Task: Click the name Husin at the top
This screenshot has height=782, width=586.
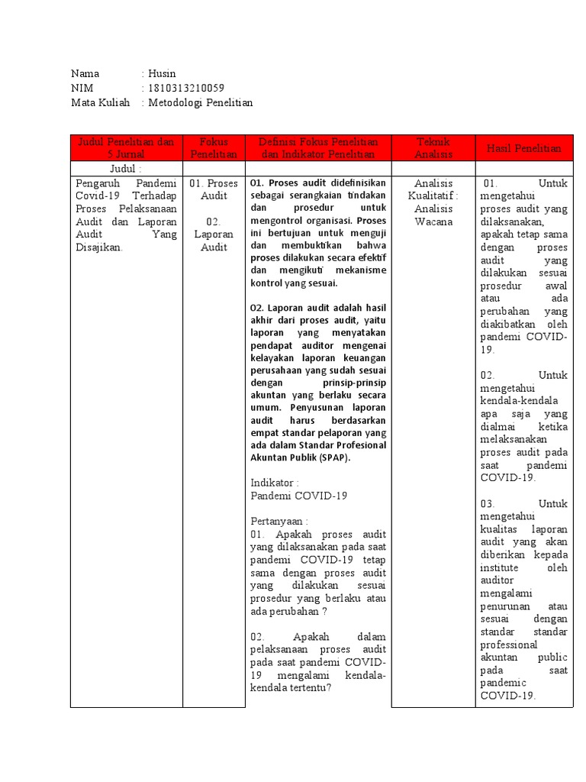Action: [x=162, y=74]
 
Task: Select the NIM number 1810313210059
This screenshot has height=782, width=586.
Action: [x=185, y=88]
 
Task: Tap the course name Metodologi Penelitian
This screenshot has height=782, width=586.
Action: [x=200, y=102]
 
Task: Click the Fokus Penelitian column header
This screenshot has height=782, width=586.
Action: [x=214, y=148]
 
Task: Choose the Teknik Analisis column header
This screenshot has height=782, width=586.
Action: [x=433, y=148]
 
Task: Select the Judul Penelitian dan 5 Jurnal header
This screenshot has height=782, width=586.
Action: [x=126, y=148]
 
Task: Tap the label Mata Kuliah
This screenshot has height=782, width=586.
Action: [x=101, y=102]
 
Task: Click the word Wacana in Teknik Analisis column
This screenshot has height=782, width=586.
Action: [x=433, y=221]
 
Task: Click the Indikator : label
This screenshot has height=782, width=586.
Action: [x=275, y=483]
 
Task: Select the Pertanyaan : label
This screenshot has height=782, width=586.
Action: [x=279, y=520]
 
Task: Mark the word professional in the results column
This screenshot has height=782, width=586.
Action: [x=509, y=645]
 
